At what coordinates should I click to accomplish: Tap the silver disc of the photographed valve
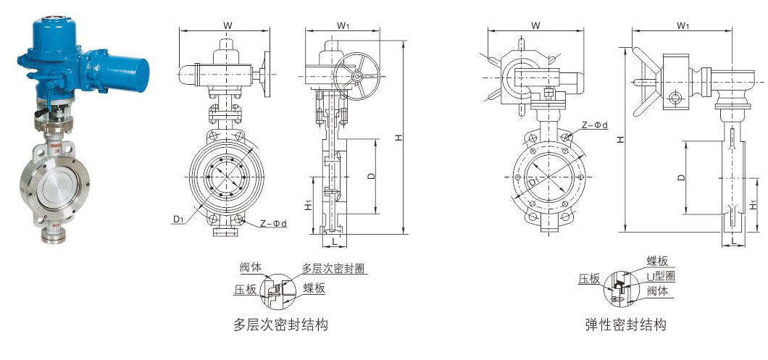pos(54,187)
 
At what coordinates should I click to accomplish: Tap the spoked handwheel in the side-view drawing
pos(356,76)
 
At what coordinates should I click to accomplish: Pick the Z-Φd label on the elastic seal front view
pos(594,125)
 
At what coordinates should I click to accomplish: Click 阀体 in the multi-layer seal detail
pos(251,267)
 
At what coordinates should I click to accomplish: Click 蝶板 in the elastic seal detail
pos(657,261)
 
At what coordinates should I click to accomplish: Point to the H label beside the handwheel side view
pos(398,138)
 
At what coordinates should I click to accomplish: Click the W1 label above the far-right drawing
pos(683,25)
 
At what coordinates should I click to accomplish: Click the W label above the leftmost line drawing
pos(228,26)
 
